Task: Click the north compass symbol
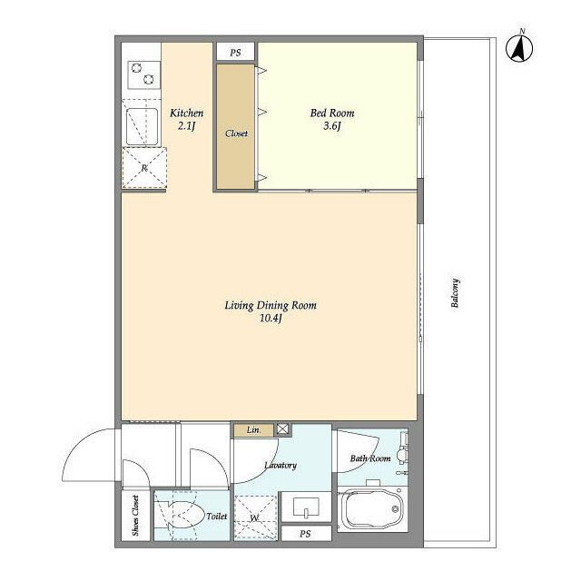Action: [519, 48]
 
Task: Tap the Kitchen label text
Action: [186, 113]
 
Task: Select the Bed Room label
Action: [332, 113]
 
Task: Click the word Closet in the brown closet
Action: [236, 133]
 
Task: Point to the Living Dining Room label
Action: [271, 305]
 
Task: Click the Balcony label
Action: [456, 293]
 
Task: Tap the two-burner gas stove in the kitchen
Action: [143, 74]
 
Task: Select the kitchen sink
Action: [142, 127]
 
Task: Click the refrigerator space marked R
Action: [144, 168]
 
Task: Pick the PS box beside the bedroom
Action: [236, 53]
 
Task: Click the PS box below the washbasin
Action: [306, 534]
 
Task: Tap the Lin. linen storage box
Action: [254, 429]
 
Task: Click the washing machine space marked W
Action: [255, 517]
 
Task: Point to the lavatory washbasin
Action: [307, 507]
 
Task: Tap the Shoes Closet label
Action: [135, 516]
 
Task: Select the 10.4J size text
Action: [271, 319]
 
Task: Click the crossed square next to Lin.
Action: [282, 429]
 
